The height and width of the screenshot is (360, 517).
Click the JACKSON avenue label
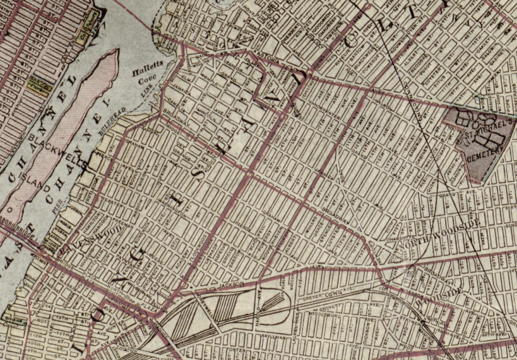coord(231,284)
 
